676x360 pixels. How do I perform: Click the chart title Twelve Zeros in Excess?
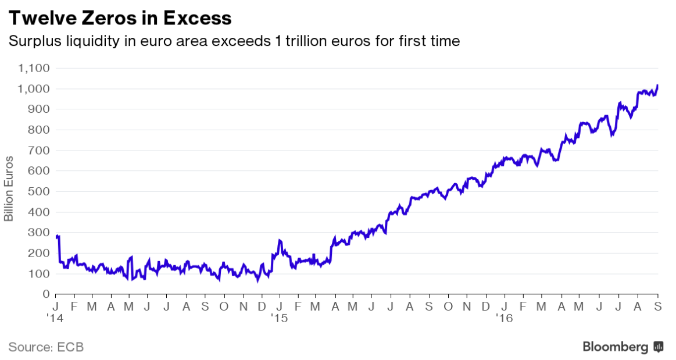[x=119, y=18]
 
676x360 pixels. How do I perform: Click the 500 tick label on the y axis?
[x=40, y=191]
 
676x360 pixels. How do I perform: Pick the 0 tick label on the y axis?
[x=46, y=294]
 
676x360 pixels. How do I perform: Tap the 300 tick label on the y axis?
[x=40, y=233]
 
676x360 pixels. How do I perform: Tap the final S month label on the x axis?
[x=658, y=306]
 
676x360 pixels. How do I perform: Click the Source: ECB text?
[x=46, y=347]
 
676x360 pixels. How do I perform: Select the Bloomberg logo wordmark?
[x=616, y=347]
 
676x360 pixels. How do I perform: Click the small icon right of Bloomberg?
[x=659, y=347]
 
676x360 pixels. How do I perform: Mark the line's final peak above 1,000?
[x=657, y=85]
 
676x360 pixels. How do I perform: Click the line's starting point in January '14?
[x=56, y=237]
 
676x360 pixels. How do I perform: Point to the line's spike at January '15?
[x=280, y=240]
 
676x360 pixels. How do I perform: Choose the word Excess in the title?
[x=197, y=18]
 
